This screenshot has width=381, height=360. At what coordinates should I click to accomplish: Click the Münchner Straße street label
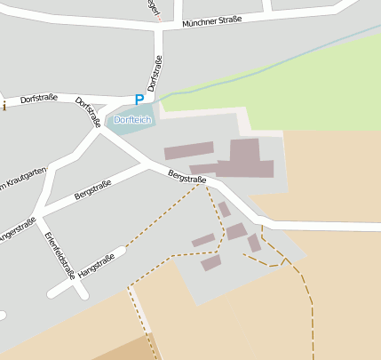(x=211, y=22)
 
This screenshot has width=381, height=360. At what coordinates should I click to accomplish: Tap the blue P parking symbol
(x=139, y=100)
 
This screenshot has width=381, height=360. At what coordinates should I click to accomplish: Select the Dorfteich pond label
(x=132, y=120)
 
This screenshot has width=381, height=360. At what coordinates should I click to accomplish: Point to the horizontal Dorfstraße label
(x=39, y=97)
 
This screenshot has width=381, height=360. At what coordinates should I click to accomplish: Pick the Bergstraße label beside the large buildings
(x=187, y=178)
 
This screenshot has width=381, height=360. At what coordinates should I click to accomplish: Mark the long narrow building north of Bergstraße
(x=188, y=150)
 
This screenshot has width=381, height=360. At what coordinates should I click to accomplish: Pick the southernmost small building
(x=210, y=263)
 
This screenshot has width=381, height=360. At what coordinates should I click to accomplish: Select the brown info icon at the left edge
(x=3, y=107)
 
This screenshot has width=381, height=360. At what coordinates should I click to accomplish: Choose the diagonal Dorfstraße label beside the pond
(x=87, y=112)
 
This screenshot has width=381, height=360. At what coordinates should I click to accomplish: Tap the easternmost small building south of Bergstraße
(x=254, y=243)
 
